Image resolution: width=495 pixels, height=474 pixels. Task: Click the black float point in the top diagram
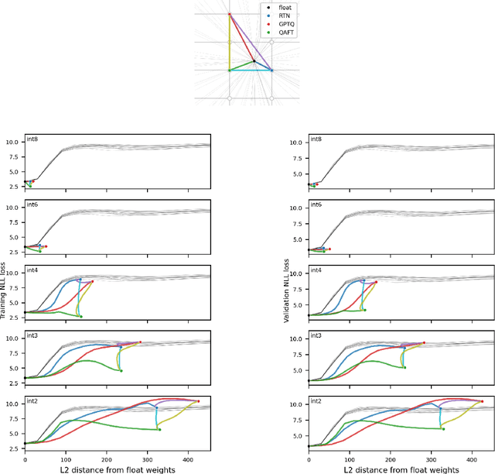254,62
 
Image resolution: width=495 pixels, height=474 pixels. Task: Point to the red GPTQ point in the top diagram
229,14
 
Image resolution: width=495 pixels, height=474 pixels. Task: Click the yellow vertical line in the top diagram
229,43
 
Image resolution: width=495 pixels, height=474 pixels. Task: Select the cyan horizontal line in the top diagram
251,70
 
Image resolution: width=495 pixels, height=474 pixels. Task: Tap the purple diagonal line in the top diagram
251,43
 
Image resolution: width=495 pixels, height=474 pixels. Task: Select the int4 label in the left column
32,271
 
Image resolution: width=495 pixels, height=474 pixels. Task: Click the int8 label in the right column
316,140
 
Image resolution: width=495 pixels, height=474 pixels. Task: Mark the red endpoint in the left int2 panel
198,401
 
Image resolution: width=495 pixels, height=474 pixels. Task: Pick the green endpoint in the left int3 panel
121,370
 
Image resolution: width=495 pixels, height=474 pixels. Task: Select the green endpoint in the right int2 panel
443,428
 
